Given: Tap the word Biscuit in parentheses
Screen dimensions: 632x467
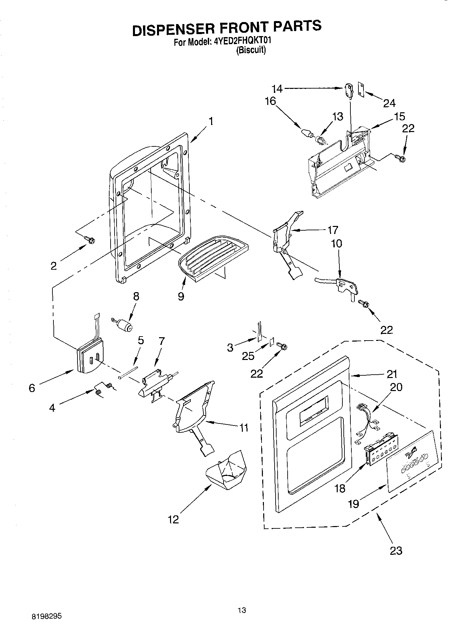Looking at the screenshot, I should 251,51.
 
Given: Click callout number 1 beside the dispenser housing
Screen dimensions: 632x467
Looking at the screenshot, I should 210,121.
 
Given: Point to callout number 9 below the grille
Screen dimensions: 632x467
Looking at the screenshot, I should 181,296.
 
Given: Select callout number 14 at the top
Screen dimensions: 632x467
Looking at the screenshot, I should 277,89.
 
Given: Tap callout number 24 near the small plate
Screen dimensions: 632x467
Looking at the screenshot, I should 389,103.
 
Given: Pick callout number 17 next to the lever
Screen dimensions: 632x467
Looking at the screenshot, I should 332,230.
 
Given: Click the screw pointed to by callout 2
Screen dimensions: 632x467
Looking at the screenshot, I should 90,239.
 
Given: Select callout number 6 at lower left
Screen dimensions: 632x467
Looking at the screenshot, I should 32,388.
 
